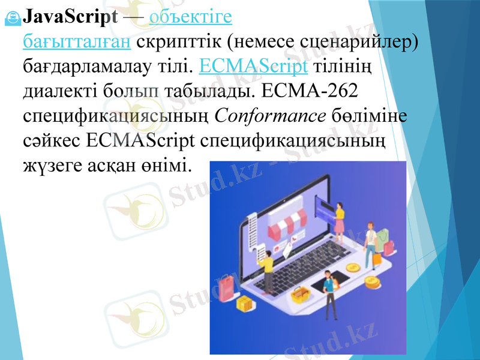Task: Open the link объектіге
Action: click(x=190, y=17)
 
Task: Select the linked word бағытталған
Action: click(x=76, y=41)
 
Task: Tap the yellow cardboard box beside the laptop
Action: click(x=245, y=304)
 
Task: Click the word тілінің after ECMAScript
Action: click(x=343, y=65)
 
